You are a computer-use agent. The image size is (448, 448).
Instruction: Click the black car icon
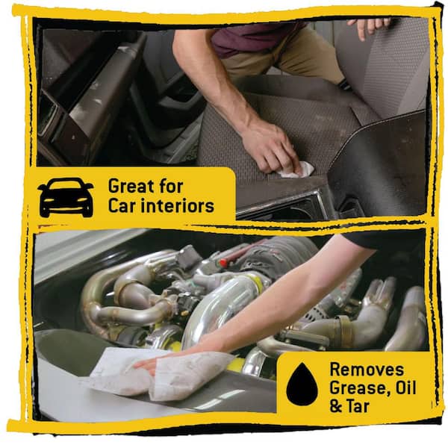[66, 197]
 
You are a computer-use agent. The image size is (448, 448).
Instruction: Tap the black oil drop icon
[302, 384]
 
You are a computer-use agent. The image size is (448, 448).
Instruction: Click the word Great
[132, 186]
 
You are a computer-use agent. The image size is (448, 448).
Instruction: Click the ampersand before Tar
[336, 406]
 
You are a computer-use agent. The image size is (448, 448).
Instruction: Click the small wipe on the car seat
[297, 169]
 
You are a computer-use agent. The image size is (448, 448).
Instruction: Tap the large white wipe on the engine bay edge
[160, 374]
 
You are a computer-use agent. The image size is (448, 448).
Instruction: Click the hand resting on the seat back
[369, 26]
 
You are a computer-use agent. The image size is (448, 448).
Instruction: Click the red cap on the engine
[223, 262]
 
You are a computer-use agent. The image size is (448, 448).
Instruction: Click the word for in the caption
[171, 186]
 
